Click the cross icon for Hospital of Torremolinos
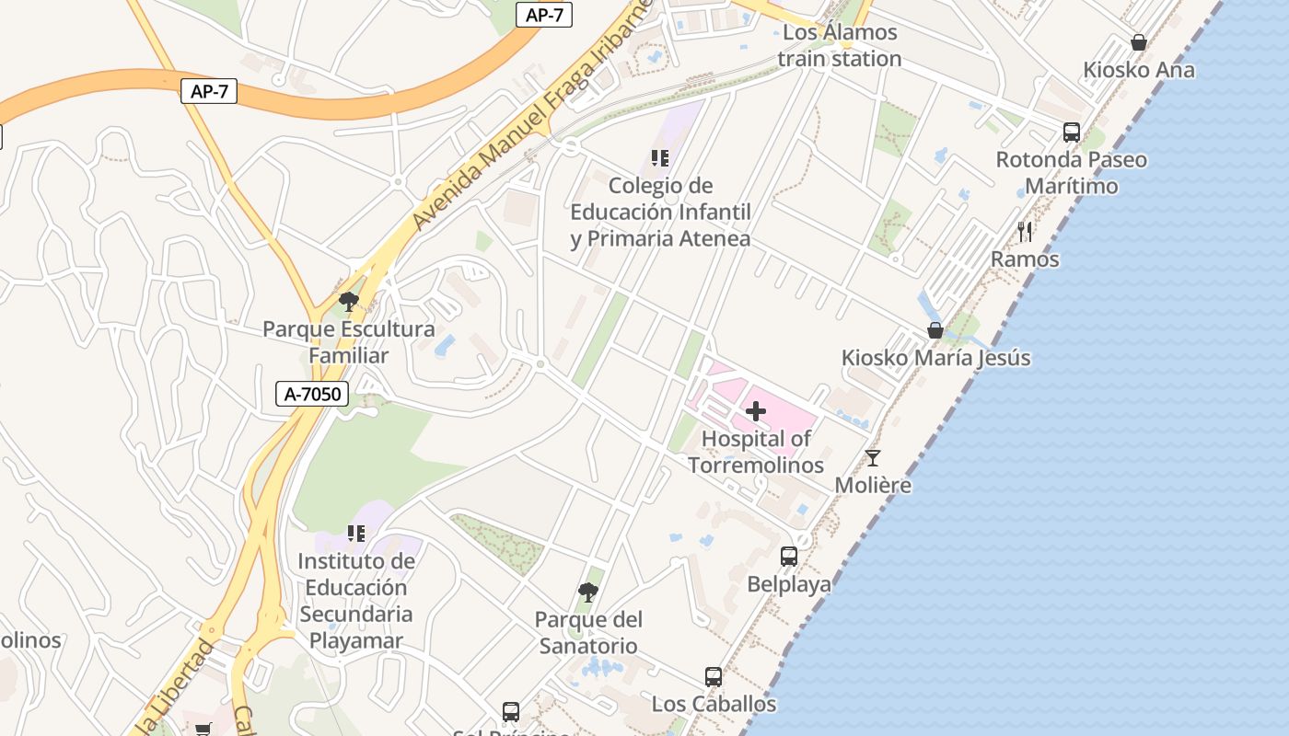[756, 411]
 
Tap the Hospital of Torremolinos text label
[756, 452]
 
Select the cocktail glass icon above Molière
[873, 457]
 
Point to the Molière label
[873, 485]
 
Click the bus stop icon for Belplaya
[789, 557]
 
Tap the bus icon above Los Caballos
[714, 677]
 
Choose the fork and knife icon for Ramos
[1025, 232]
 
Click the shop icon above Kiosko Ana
[1139, 42]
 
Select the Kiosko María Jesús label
[935, 358]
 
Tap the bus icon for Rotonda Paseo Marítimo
[1072, 132]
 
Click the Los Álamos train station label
[839, 46]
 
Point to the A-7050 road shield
[313, 395]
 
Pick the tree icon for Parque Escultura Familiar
[349, 301]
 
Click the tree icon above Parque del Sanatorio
[588, 592]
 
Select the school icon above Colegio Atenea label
[659, 158]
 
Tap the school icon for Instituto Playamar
[356, 534]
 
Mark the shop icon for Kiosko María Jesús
[935, 330]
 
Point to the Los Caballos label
[714, 705]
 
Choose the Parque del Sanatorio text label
[588, 633]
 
